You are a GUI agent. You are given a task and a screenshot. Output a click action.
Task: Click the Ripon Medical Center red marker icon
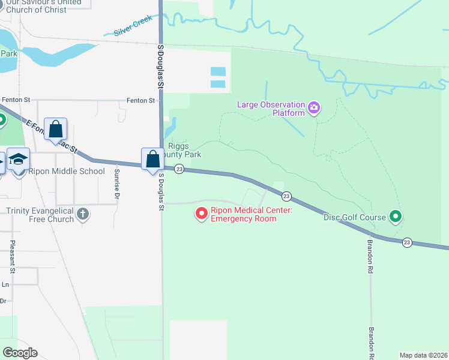202,213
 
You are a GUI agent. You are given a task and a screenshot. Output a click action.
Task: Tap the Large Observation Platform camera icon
313,108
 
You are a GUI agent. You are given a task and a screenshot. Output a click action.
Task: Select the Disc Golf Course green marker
395,216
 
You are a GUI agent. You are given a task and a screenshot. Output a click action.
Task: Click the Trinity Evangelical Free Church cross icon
83,213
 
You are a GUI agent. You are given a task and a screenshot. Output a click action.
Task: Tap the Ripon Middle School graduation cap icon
19,159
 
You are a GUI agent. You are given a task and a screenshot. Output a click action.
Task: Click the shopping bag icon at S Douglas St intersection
152,160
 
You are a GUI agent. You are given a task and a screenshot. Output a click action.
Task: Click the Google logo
19,352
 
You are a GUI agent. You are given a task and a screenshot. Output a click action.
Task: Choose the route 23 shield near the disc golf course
408,242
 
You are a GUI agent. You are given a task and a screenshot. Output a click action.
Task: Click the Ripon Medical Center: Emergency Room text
243,214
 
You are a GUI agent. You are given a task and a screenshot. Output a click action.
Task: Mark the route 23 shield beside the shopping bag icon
179,170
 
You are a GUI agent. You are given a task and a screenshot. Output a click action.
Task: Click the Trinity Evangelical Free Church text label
40,215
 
